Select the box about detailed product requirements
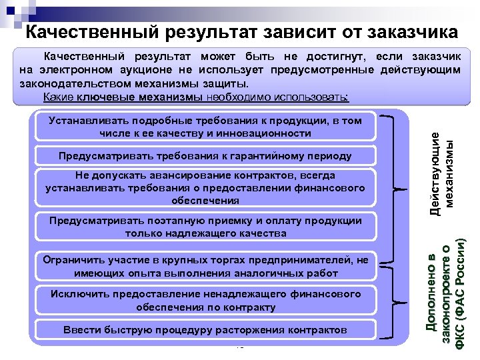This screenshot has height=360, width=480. (x=205, y=127)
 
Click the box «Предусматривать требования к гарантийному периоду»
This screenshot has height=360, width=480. (x=205, y=156)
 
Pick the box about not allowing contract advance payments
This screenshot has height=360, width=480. (x=205, y=187)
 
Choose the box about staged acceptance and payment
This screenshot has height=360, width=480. (x=205, y=227)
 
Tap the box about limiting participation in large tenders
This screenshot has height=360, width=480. (x=205, y=267)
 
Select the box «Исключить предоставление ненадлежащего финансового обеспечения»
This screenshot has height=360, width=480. (x=205, y=300)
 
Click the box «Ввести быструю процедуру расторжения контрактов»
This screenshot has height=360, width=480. (x=205, y=330)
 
